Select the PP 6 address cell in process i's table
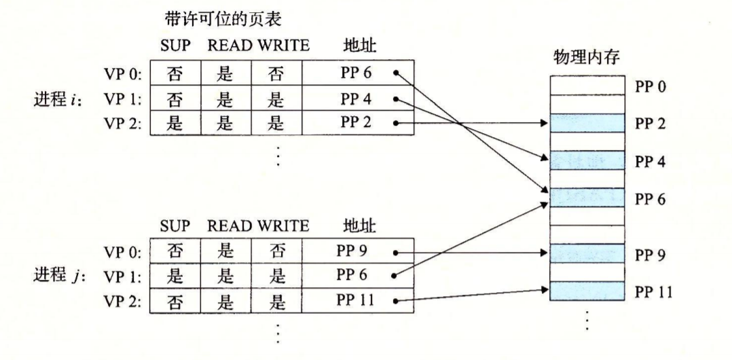(358, 73)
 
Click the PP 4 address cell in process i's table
(358, 98)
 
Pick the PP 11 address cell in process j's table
(358, 300)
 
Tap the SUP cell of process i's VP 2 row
(175, 123)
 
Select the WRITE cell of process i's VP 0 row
(277, 73)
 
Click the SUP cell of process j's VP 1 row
(175, 276)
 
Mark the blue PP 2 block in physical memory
(587, 123)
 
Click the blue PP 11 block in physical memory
(587, 291)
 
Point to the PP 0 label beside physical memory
(649, 87)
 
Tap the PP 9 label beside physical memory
(649, 255)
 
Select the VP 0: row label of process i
(122, 74)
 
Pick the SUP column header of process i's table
(175, 46)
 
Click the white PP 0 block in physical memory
(587, 86)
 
